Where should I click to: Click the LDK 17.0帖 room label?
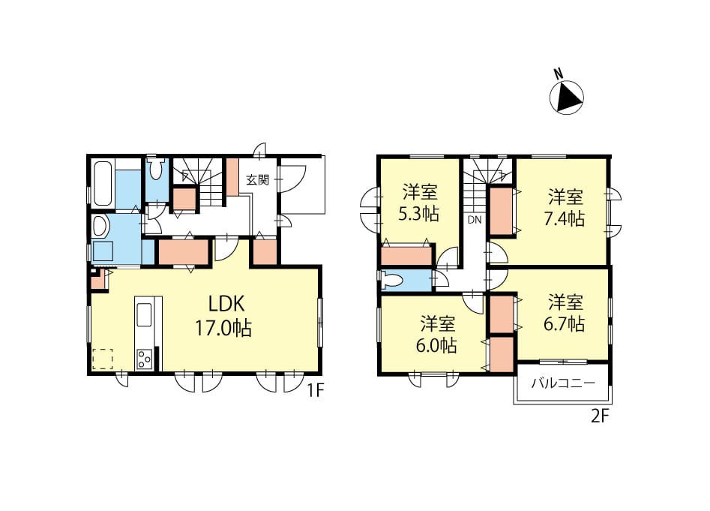(x=223, y=316)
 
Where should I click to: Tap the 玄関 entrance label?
(x=258, y=180)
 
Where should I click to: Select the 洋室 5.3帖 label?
(x=419, y=203)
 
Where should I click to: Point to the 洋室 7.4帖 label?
(x=565, y=208)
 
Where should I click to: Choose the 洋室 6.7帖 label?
(x=565, y=313)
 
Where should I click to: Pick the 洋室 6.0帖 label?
(x=437, y=335)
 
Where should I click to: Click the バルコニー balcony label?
(x=563, y=383)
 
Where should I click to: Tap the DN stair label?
(x=474, y=220)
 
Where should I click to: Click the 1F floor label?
(x=316, y=390)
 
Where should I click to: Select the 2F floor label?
(x=599, y=416)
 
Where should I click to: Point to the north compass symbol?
(x=567, y=98)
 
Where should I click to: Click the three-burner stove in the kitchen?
(x=145, y=358)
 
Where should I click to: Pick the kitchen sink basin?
(x=145, y=314)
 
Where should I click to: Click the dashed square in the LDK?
(x=102, y=359)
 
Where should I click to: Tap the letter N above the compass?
(x=559, y=74)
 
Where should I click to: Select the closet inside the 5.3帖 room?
(x=406, y=255)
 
